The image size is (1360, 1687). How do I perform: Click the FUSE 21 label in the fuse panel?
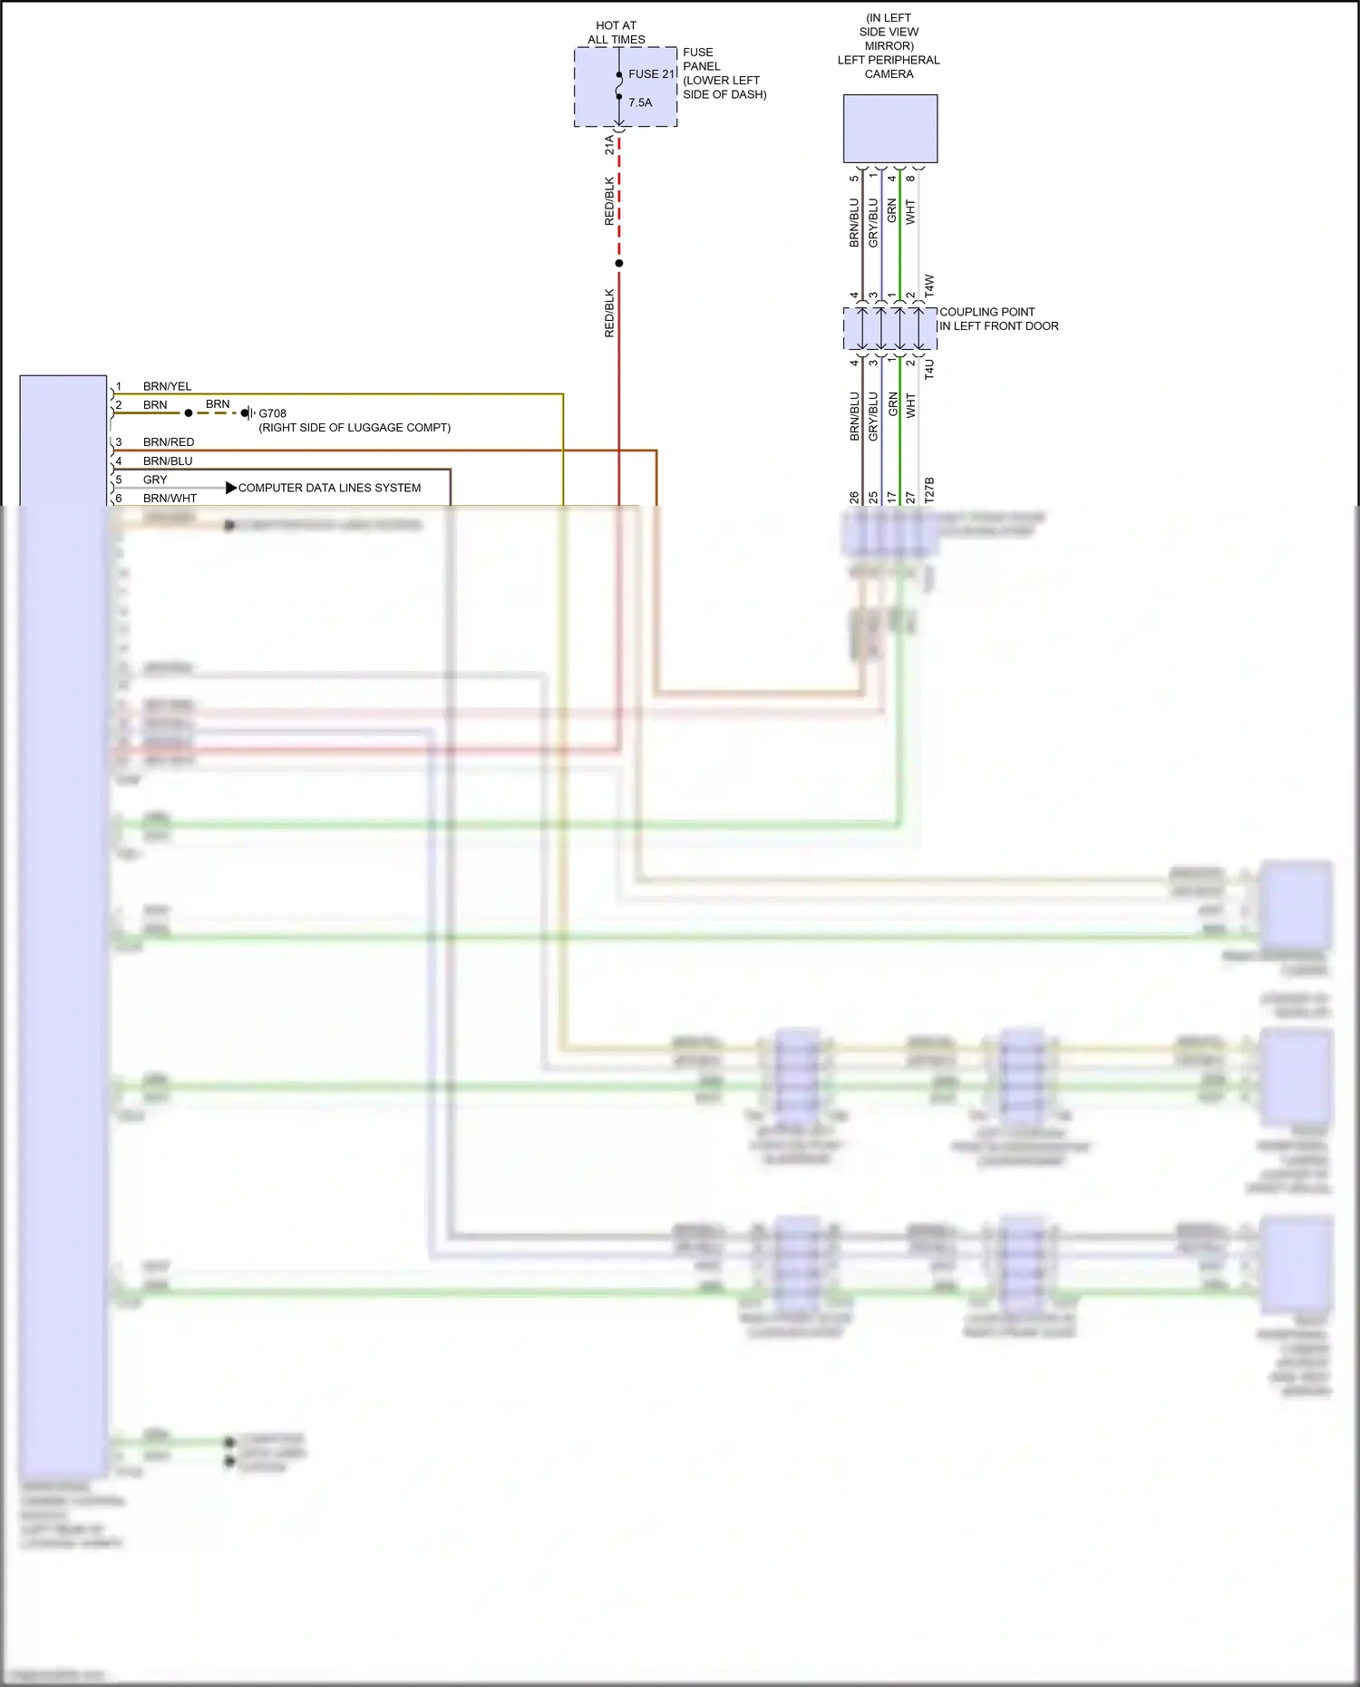tap(651, 74)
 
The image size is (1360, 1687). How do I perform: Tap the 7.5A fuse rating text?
tap(640, 102)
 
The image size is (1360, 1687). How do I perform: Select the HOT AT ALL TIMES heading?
tap(617, 33)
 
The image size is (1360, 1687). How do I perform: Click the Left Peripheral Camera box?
tap(890, 129)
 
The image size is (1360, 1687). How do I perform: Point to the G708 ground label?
tap(272, 413)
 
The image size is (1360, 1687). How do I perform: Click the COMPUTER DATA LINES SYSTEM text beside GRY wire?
tap(329, 488)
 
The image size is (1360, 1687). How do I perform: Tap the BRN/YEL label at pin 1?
tap(167, 386)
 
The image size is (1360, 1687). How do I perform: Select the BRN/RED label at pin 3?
tap(169, 442)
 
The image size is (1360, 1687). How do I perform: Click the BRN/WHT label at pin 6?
tap(170, 499)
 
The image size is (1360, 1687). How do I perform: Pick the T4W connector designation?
tap(929, 286)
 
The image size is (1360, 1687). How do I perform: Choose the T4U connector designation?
tap(929, 369)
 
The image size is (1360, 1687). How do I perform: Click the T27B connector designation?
tap(929, 490)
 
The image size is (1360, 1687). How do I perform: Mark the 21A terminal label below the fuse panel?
tap(609, 145)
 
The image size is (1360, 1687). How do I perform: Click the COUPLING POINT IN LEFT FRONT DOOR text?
tap(998, 319)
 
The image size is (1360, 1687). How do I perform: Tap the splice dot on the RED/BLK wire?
tap(619, 264)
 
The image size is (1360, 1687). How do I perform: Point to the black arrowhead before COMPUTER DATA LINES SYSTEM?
tap(231, 488)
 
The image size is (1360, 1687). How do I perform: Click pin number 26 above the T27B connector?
tap(854, 498)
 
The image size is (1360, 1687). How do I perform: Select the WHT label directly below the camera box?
tap(910, 212)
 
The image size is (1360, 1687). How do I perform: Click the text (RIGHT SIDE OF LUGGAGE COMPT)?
tap(355, 428)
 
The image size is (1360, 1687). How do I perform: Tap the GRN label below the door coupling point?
tap(892, 404)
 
